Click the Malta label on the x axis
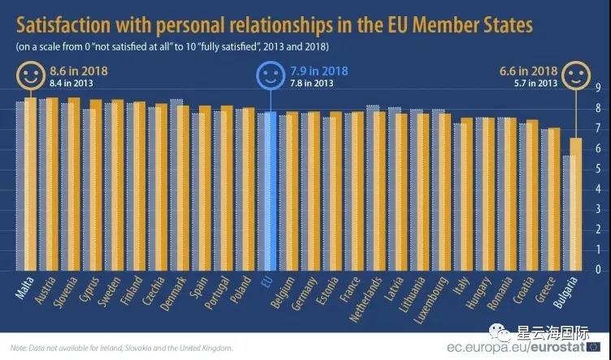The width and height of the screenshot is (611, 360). pos(24,287)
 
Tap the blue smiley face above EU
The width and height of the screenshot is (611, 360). pos(269,77)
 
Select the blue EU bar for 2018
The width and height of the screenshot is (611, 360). pos(271,191)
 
